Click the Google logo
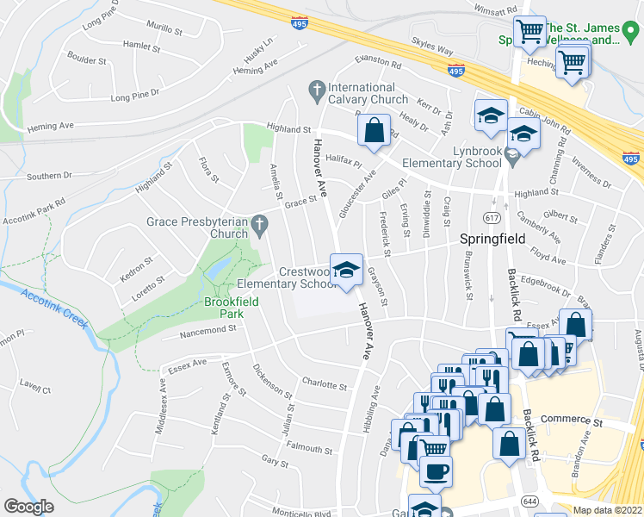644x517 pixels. coord(29,506)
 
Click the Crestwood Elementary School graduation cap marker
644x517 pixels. coord(346,271)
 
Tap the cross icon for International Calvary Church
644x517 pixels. coord(317,88)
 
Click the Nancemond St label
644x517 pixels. coord(207,330)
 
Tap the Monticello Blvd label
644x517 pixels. coord(298,514)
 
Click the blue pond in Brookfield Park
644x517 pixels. coord(218,268)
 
